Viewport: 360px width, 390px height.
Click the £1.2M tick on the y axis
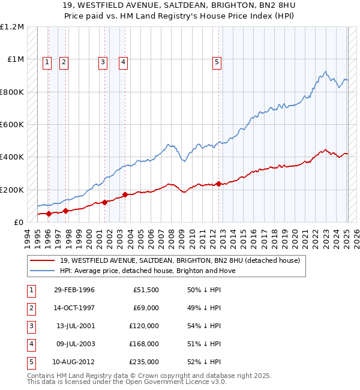point(12,27)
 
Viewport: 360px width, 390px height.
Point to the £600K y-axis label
point(12,125)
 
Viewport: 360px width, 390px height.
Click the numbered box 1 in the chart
point(47,61)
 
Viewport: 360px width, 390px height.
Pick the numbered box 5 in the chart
point(217,61)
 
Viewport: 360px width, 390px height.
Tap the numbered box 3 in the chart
point(103,61)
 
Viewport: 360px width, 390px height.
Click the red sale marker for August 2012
point(218,184)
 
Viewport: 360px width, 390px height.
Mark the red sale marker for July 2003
point(125,194)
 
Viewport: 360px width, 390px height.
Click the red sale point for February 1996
point(49,214)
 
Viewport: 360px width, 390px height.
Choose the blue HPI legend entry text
point(148,271)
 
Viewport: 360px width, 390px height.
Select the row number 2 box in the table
point(31,308)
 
